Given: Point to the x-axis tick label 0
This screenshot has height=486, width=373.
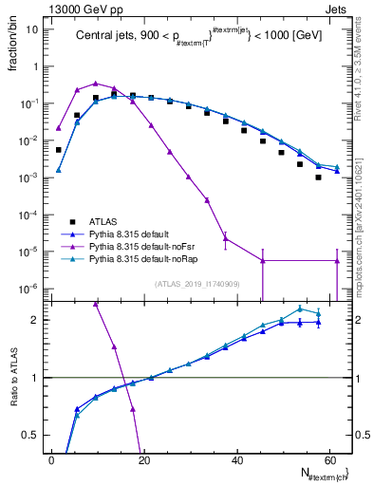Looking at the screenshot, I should click(x=51, y=458).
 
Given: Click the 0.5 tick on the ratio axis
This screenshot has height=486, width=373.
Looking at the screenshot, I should click(x=30, y=435).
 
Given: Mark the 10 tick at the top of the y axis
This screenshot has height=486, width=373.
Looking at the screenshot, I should click(x=31, y=28).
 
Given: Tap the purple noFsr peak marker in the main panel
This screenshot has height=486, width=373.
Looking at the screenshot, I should click(x=96, y=84).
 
